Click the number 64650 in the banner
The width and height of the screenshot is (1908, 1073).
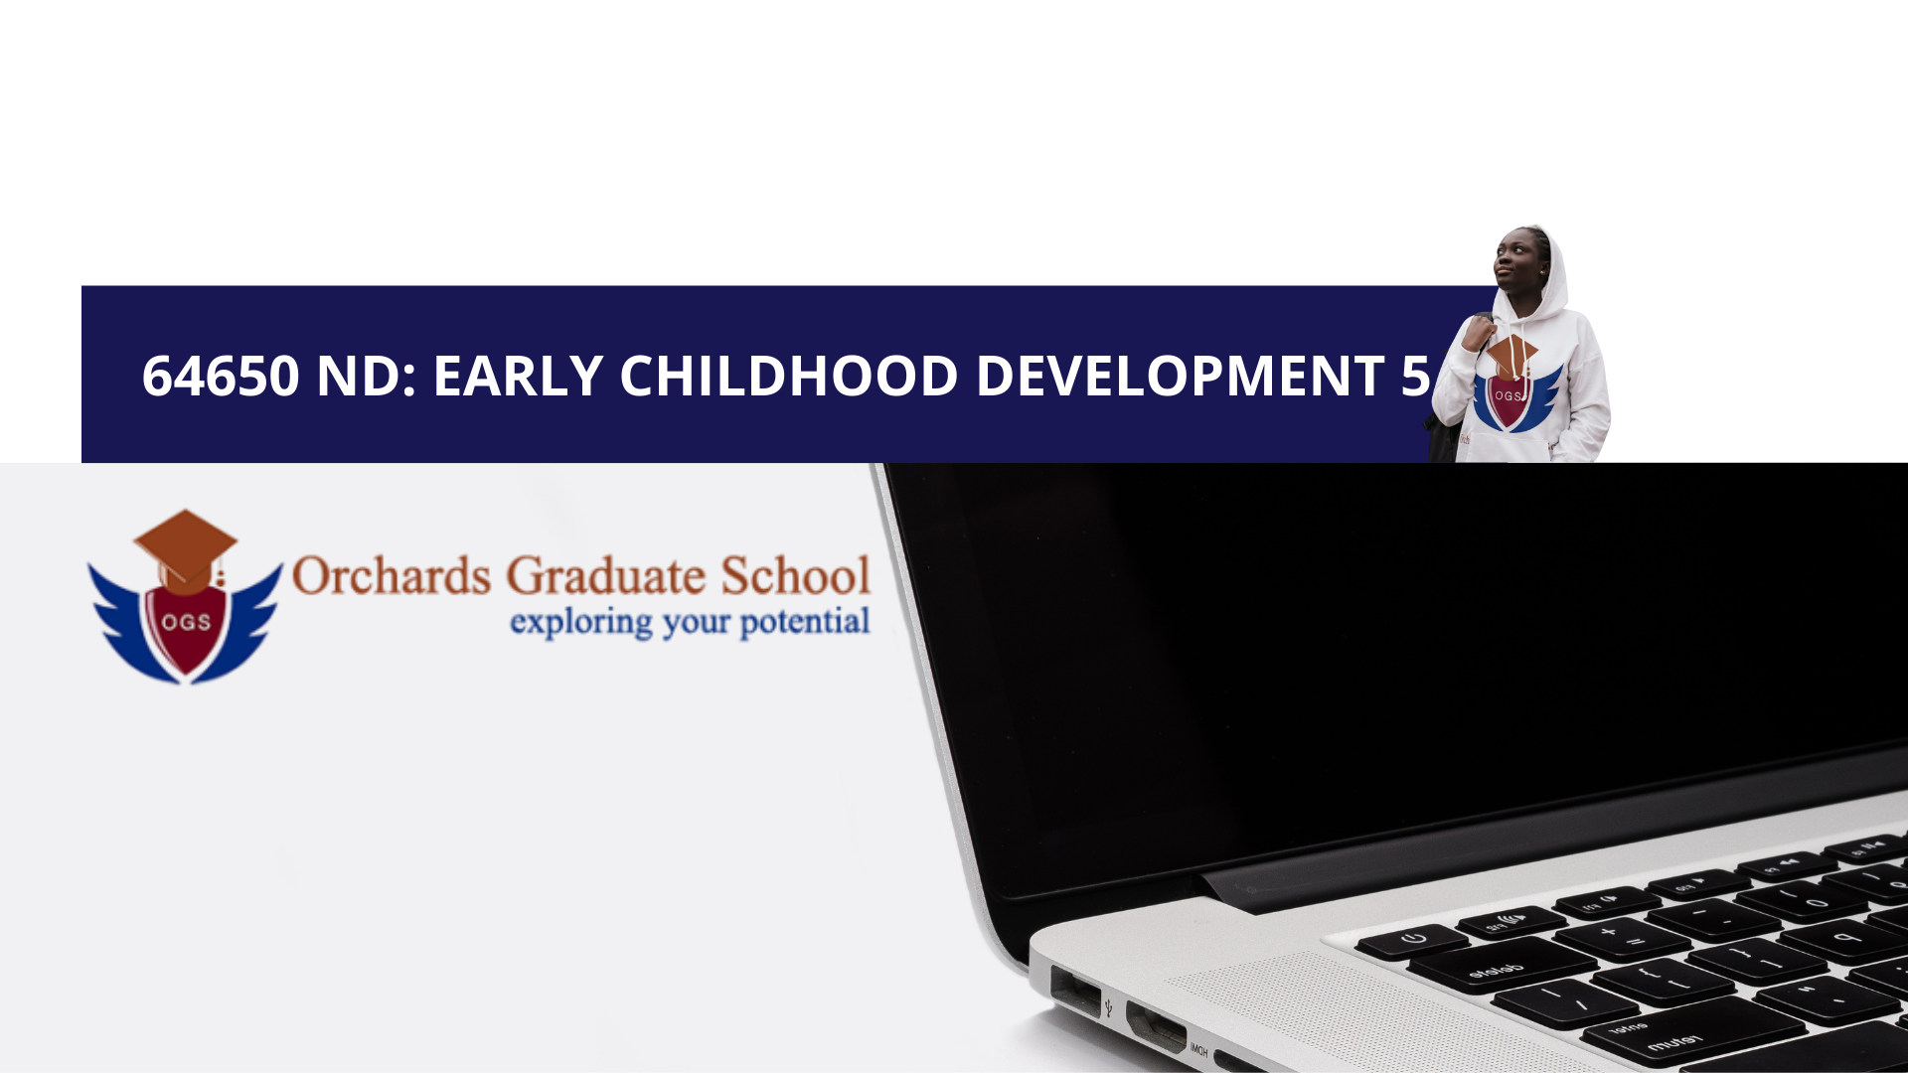(221, 376)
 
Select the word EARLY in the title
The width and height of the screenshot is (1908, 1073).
(518, 376)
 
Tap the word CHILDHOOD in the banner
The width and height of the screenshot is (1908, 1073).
(789, 376)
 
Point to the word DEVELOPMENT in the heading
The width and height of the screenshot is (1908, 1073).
(1181, 376)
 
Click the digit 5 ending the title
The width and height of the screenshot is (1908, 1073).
(1415, 376)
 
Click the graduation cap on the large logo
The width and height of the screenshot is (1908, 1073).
(186, 546)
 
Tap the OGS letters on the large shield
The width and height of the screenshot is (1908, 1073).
(186, 622)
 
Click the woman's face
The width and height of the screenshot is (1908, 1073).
(1518, 256)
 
